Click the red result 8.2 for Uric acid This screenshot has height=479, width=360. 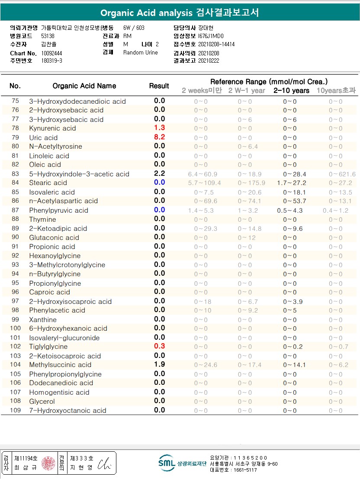[160, 137]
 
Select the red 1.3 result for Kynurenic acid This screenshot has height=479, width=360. [160, 128]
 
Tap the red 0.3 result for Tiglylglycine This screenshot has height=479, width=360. [160, 346]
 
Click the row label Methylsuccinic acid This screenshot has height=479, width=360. [60, 365]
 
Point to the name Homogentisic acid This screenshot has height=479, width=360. [59, 393]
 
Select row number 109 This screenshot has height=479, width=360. [15, 410]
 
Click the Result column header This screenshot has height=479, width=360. [159, 86]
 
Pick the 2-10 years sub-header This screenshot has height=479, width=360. [291, 90]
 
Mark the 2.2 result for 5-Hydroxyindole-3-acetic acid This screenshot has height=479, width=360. [160, 173]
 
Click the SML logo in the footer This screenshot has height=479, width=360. [167, 463]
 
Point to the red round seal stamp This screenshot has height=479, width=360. [48, 463]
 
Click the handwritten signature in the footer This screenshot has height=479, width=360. [104, 463]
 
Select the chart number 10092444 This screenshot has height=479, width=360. [52, 53]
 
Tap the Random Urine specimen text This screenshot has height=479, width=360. [141, 53]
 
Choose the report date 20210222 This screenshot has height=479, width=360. [209, 61]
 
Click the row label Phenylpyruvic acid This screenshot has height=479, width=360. [58, 211]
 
